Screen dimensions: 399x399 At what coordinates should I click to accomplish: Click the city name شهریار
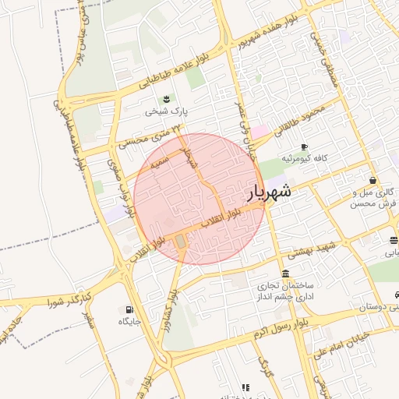point(270,192)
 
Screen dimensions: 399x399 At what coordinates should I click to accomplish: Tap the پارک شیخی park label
point(165,111)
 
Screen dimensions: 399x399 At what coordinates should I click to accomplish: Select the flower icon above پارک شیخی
point(166,99)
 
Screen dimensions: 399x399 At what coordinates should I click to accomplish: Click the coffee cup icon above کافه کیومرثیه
point(304,147)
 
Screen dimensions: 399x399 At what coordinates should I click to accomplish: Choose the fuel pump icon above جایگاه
point(129,309)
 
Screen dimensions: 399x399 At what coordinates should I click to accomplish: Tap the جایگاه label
point(128,321)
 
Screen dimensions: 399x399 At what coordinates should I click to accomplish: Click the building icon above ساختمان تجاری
point(286,274)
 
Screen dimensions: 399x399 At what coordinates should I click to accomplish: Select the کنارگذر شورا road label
point(70,299)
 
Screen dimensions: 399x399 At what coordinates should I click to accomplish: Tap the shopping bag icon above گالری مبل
point(373,181)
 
